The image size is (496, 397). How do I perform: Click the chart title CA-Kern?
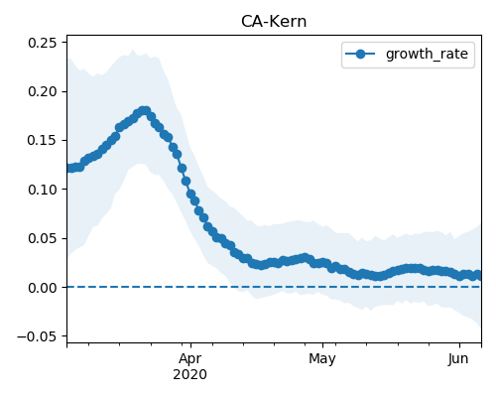click(274, 22)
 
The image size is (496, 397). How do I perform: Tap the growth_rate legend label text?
click(427, 54)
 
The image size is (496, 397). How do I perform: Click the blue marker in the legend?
click(360, 54)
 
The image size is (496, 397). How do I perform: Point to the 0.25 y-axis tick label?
click(43, 43)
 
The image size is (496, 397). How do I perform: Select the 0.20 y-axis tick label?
click(43, 91)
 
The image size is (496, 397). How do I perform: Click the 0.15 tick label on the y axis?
click(43, 141)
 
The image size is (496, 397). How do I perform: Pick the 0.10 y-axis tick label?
click(43, 190)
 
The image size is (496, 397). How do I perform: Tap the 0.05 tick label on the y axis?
click(43, 238)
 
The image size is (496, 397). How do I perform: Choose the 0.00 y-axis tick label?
click(43, 288)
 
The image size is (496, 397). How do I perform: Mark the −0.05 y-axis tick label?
click(37, 336)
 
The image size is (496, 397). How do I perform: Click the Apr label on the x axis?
click(190, 358)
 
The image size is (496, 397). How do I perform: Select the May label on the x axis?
click(322, 358)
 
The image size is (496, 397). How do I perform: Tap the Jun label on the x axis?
click(458, 358)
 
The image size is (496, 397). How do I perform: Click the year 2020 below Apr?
click(190, 374)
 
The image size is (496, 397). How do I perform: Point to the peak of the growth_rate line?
click(145, 111)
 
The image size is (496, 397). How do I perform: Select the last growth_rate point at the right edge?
click(478, 275)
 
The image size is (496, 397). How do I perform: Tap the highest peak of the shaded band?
click(133, 50)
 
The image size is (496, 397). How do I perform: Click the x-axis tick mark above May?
click(323, 345)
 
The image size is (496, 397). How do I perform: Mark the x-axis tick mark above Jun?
click(459, 345)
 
